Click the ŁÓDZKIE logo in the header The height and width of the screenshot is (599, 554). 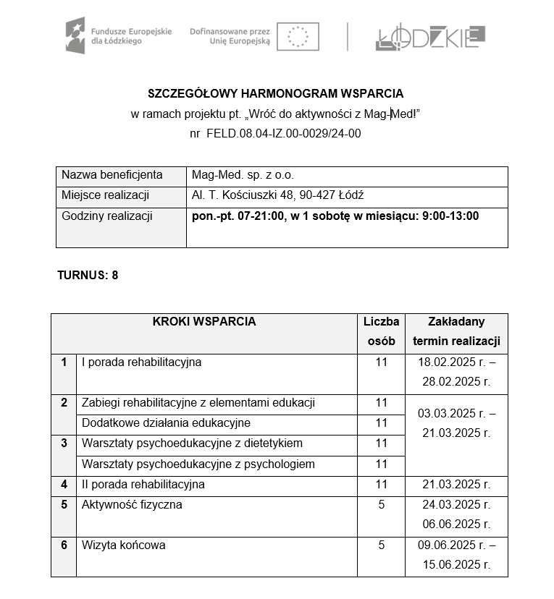(x=430, y=37)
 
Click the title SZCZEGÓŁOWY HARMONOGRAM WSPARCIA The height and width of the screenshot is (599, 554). (x=275, y=93)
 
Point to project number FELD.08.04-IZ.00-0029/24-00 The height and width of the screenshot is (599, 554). (x=283, y=133)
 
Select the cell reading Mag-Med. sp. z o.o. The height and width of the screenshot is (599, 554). (x=243, y=175)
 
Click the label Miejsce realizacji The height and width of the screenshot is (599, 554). (x=105, y=195)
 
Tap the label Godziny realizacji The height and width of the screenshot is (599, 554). (x=107, y=216)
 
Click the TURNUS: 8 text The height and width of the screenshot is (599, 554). (x=88, y=275)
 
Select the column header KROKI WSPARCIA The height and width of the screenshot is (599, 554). (x=203, y=322)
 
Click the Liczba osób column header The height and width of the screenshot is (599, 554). (x=381, y=331)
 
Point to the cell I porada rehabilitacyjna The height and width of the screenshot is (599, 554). (x=142, y=362)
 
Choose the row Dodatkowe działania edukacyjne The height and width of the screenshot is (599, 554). (x=166, y=423)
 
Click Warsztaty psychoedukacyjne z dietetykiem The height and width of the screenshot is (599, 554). (x=192, y=443)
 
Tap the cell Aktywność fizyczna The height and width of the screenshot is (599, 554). (x=132, y=504)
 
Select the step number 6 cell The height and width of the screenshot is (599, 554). (x=64, y=545)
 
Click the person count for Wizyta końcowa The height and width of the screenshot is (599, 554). (x=381, y=545)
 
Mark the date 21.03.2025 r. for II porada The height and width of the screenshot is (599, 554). (x=456, y=485)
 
